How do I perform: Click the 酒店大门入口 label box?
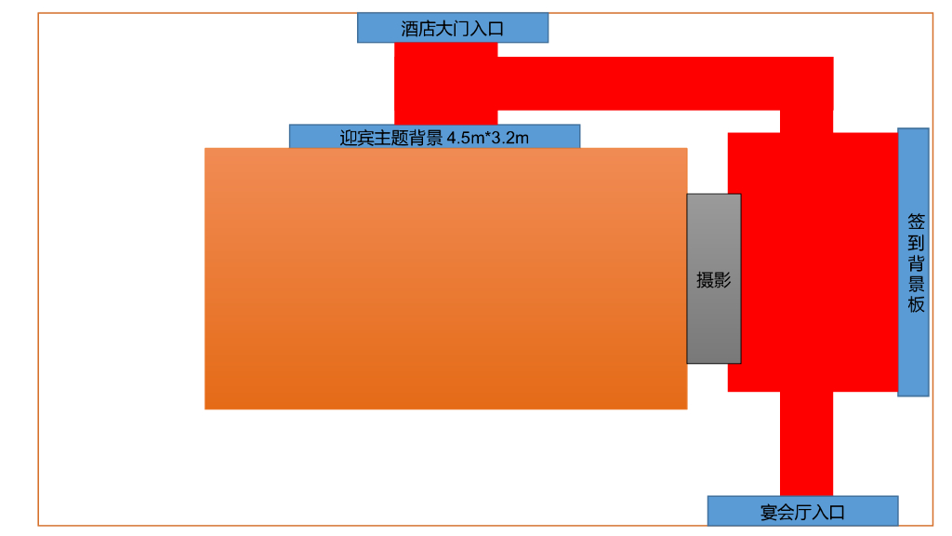(453, 28)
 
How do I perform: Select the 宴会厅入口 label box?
(802, 511)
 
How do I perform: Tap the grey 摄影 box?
(714, 278)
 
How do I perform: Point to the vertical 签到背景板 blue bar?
(913, 261)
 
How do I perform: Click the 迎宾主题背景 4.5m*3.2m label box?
(434, 137)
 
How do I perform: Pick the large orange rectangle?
(445, 278)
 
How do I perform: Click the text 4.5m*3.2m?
(488, 139)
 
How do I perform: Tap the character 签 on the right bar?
(916, 222)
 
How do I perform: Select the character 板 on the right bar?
(916, 304)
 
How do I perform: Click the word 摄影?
(714, 280)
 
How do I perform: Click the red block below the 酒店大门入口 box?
(446, 84)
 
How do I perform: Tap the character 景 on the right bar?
(916, 284)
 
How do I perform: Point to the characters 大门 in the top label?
(453, 29)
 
